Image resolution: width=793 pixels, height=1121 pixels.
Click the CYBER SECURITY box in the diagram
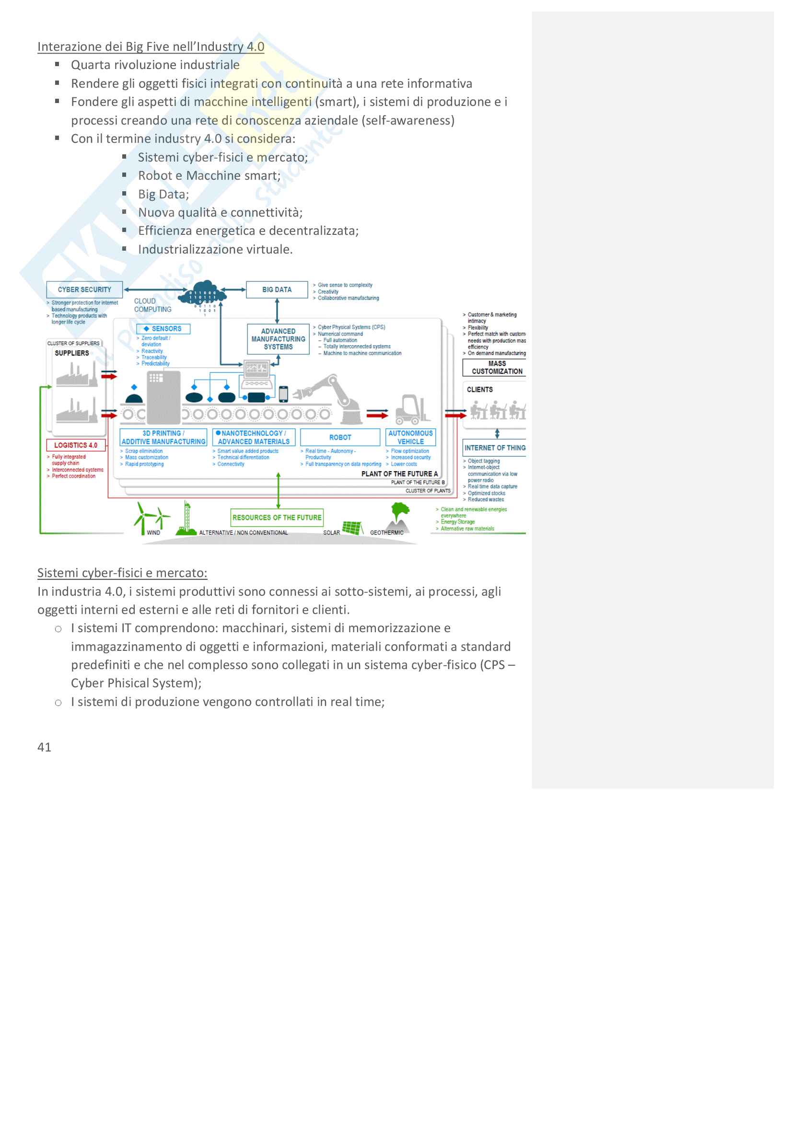pos(84,289)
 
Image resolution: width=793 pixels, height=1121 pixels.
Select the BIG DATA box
pos(277,289)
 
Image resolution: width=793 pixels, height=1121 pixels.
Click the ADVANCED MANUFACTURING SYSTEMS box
pos(278,339)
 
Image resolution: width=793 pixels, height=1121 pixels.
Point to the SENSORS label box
pos(163,329)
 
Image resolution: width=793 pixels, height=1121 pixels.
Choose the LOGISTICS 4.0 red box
pos(76,445)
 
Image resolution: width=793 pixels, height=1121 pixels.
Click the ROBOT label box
pos(340,437)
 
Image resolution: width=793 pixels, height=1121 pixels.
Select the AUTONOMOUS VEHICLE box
pos(410,437)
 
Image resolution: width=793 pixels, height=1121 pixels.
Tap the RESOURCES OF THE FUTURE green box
pos(277,517)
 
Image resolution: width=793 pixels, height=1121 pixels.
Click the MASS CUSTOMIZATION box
pos(496,367)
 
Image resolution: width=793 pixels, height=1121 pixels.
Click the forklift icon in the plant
pos(413,409)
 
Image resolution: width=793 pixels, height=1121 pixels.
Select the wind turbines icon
pos(151,518)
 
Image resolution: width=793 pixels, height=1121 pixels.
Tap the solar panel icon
pos(352,527)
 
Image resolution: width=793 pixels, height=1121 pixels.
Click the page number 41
pos(45,747)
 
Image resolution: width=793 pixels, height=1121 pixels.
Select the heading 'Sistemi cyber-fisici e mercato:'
pos(122,573)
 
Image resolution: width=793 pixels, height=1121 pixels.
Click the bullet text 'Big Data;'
pos(163,194)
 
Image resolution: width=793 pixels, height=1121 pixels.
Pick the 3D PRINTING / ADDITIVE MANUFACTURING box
pos(163,437)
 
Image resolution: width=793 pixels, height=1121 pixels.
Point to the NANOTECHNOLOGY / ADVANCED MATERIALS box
pos(254,437)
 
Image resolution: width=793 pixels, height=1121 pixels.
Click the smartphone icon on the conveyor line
pos(283,393)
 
